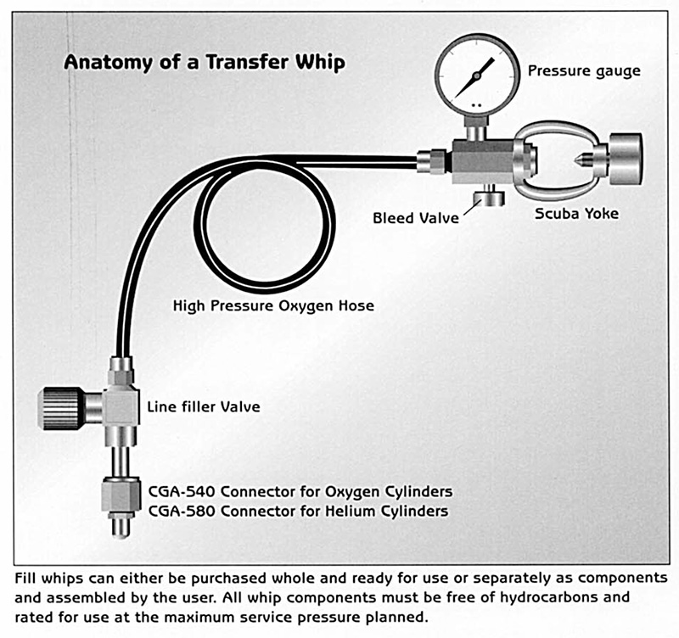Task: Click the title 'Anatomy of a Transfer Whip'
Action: (x=205, y=63)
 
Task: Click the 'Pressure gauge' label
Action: (x=584, y=70)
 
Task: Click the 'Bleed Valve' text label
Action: (x=415, y=218)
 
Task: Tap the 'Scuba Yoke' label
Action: (x=576, y=213)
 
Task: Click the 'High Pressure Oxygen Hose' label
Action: (x=272, y=305)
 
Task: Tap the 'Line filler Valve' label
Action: (x=204, y=407)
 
